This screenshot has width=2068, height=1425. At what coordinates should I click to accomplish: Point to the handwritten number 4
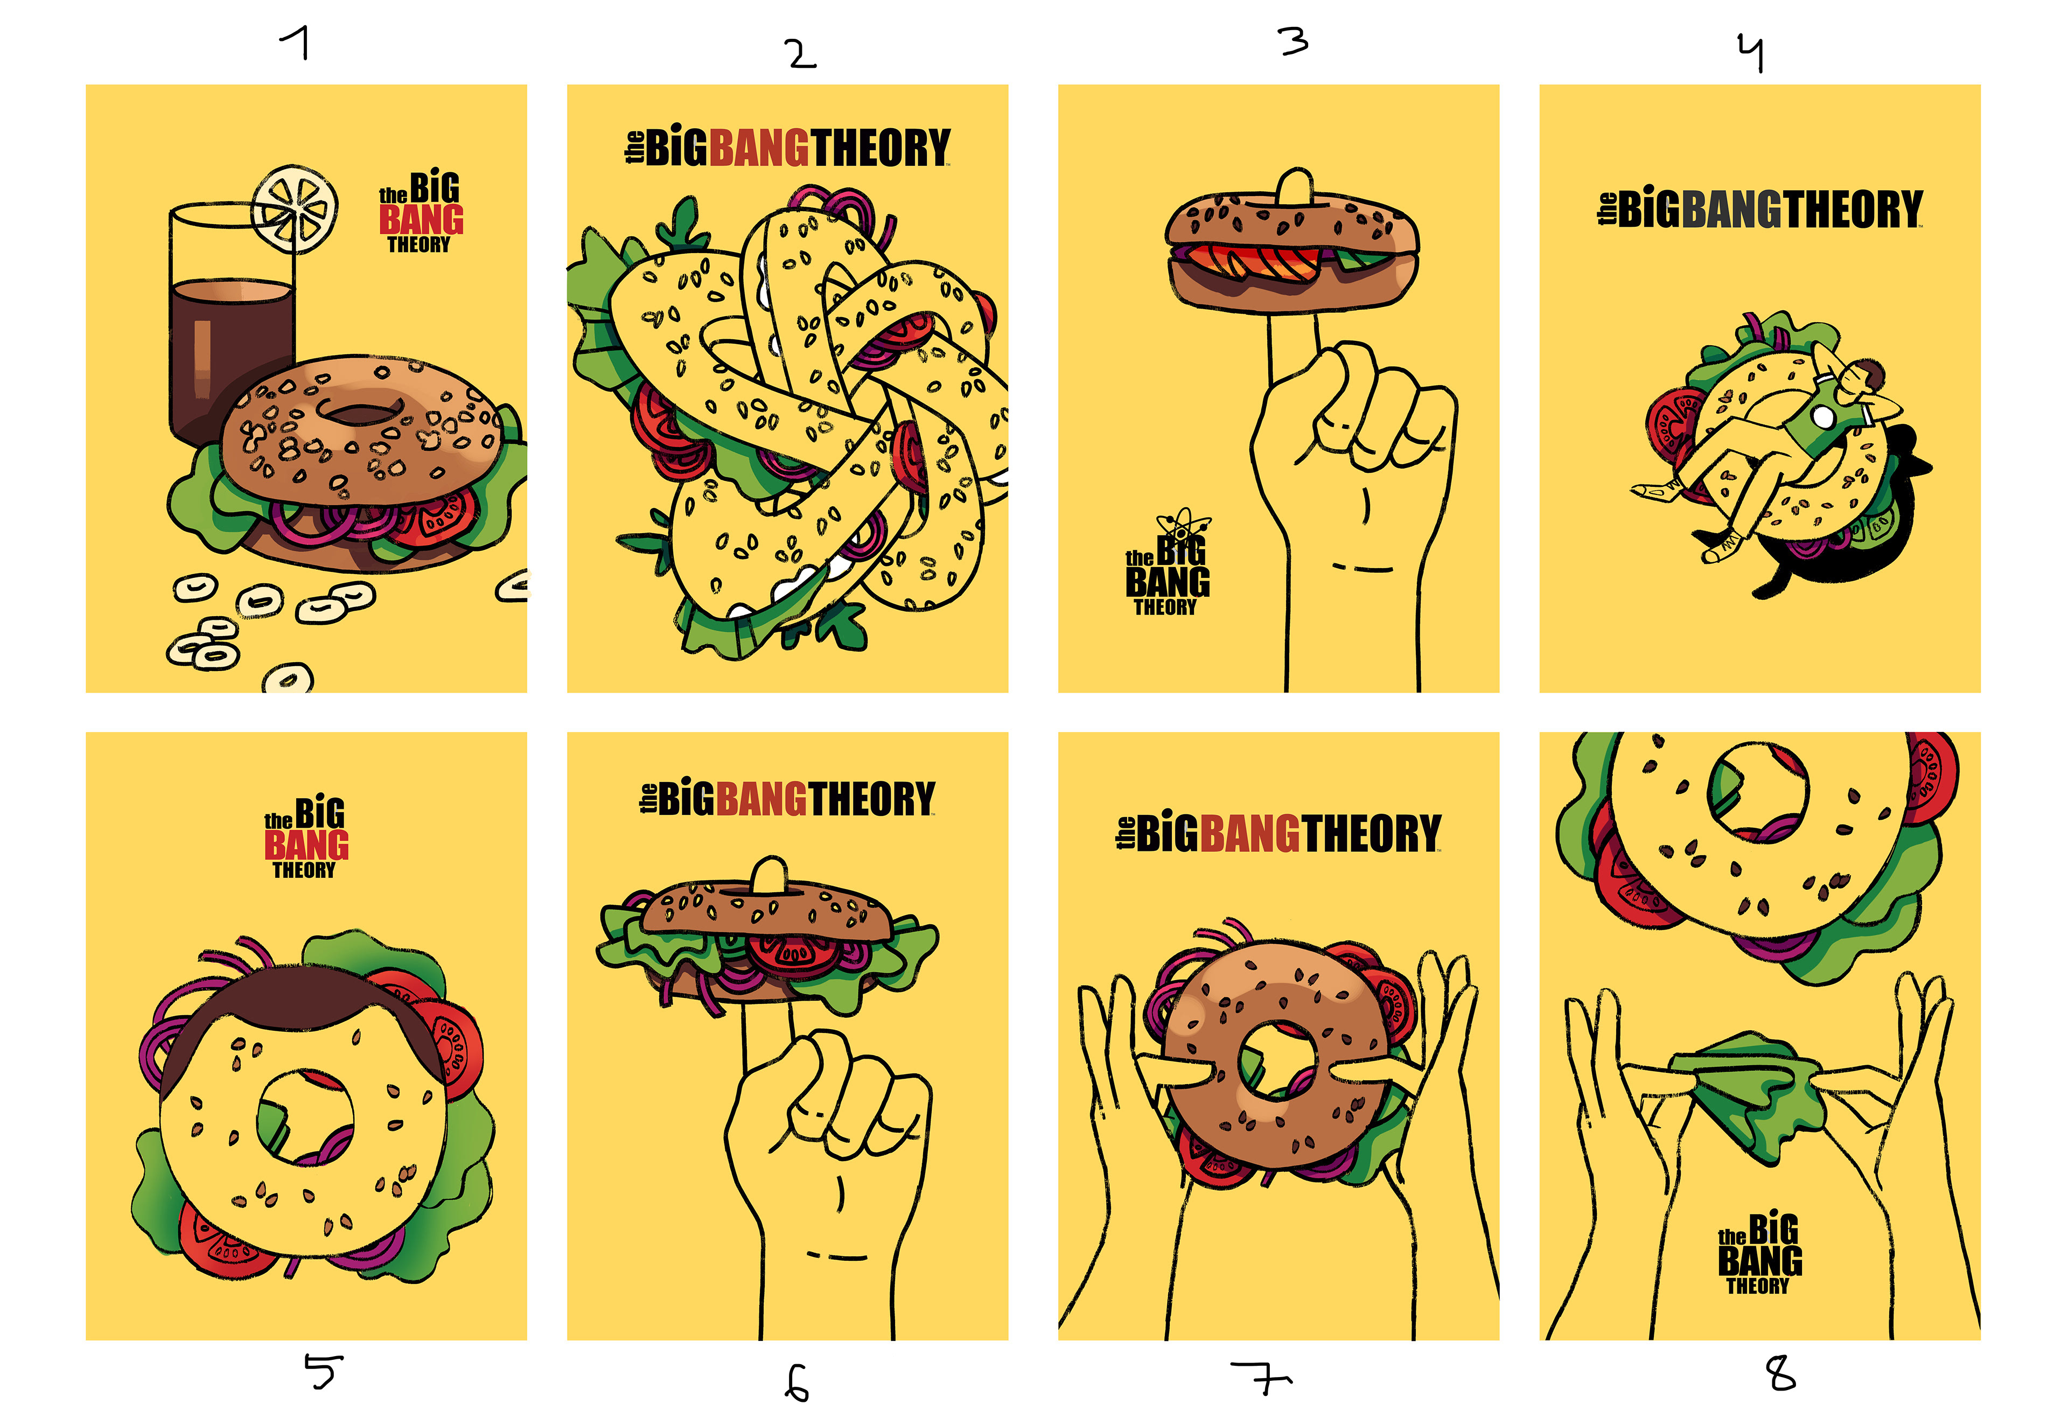[1751, 52]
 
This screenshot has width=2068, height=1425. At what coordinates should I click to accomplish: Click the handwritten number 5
[323, 1371]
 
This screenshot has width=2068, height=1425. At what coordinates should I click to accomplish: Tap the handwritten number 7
[1261, 1378]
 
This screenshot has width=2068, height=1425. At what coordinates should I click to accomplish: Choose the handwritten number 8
[1781, 1373]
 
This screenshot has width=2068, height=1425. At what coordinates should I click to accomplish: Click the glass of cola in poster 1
[230, 322]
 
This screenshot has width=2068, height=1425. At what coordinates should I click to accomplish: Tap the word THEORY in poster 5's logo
[304, 870]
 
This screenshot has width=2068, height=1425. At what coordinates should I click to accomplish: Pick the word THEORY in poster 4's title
[1853, 209]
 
